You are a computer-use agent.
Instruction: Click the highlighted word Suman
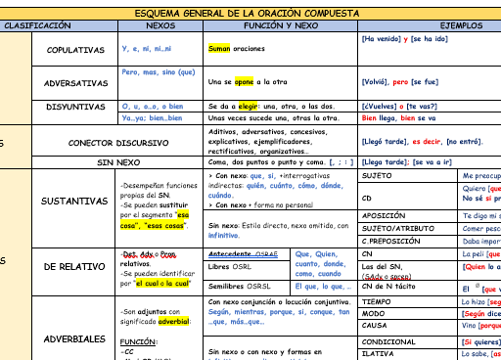[219, 47]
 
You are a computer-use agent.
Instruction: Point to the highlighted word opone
[245, 82]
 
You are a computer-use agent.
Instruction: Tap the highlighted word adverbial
[173, 321]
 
